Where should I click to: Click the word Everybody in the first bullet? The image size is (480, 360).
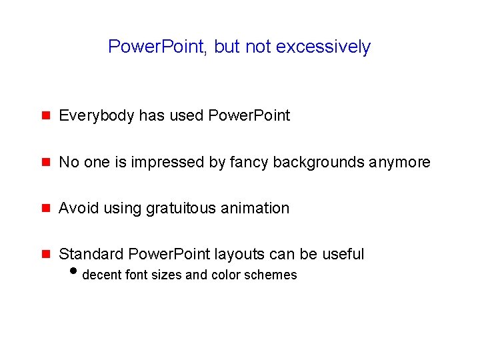[97, 116]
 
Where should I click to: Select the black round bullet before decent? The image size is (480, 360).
[73, 273]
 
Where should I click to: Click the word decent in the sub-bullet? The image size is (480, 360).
[101, 275]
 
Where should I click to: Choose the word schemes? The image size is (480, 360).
[272, 275]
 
